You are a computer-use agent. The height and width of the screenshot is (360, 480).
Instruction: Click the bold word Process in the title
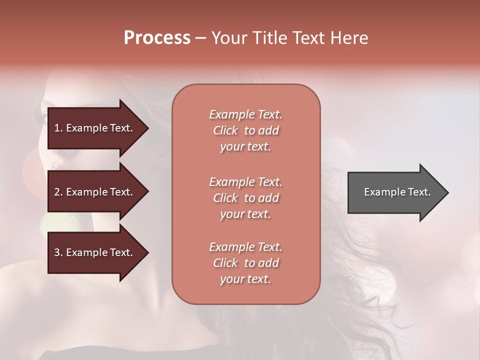tap(157, 38)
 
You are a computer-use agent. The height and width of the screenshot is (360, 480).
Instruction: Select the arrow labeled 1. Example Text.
tap(95, 128)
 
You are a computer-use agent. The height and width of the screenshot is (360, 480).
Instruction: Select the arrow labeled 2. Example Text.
tap(95, 192)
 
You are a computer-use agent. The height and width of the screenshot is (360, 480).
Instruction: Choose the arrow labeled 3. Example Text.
tap(95, 252)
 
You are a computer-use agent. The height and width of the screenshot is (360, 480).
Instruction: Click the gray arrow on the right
tap(395, 192)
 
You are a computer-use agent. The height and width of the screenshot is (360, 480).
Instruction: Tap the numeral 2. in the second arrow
tap(58, 192)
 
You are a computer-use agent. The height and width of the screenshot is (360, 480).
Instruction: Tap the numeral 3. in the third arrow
tap(58, 252)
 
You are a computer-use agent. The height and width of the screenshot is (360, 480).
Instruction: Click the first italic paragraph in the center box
tap(245, 130)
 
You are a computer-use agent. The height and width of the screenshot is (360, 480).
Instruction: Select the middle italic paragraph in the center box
tap(245, 198)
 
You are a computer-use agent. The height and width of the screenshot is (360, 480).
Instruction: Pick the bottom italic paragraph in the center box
tap(245, 263)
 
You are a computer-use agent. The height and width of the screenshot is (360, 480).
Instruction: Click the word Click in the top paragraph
tap(225, 130)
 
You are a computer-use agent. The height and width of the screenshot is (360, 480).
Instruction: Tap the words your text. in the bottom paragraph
tap(245, 279)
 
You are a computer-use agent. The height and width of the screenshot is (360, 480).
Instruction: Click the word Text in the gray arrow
tap(419, 192)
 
